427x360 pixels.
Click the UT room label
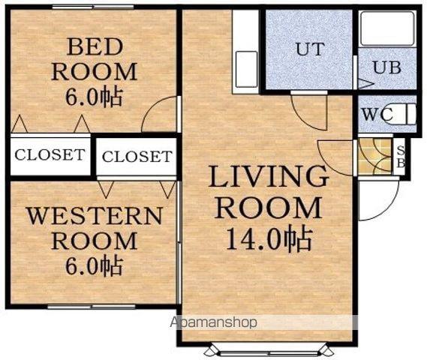(x=310, y=49)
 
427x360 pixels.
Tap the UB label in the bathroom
(x=387, y=67)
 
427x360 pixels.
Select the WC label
(x=377, y=115)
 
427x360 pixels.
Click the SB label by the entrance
(x=401, y=157)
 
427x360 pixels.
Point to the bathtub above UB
(x=387, y=28)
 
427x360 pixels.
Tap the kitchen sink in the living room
(x=246, y=70)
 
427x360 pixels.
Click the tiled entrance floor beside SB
(x=374, y=157)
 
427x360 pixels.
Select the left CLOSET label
(x=50, y=154)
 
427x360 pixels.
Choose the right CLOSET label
(x=137, y=157)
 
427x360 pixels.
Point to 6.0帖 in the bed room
(x=94, y=97)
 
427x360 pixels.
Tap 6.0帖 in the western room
(x=94, y=265)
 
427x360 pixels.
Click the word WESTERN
(x=95, y=216)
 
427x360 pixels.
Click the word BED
(x=95, y=47)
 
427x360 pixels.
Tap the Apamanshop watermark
(x=213, y=322)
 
